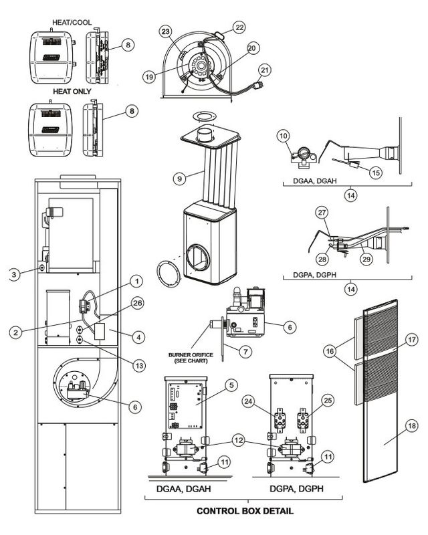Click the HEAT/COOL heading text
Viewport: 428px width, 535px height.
coord(72,22)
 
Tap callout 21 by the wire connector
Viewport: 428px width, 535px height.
coord(264,70)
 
